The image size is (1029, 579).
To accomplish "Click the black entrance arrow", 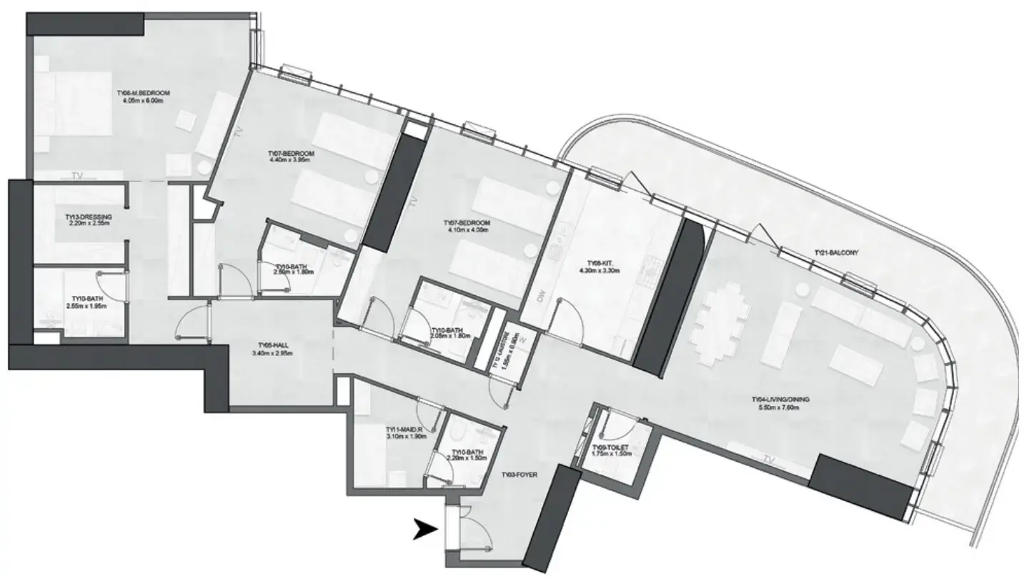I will [427, 530].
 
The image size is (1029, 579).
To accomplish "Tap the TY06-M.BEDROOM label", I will [146, 93].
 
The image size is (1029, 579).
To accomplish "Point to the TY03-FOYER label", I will [519, 474].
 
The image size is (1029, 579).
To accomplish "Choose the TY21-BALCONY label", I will [836, 253].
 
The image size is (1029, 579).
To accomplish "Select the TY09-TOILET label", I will [610, 447].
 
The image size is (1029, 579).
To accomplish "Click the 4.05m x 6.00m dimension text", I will [146, 102].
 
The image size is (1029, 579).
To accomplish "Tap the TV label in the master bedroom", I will [76, 174].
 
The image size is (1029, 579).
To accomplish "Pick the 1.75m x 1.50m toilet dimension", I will [610, 455].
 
